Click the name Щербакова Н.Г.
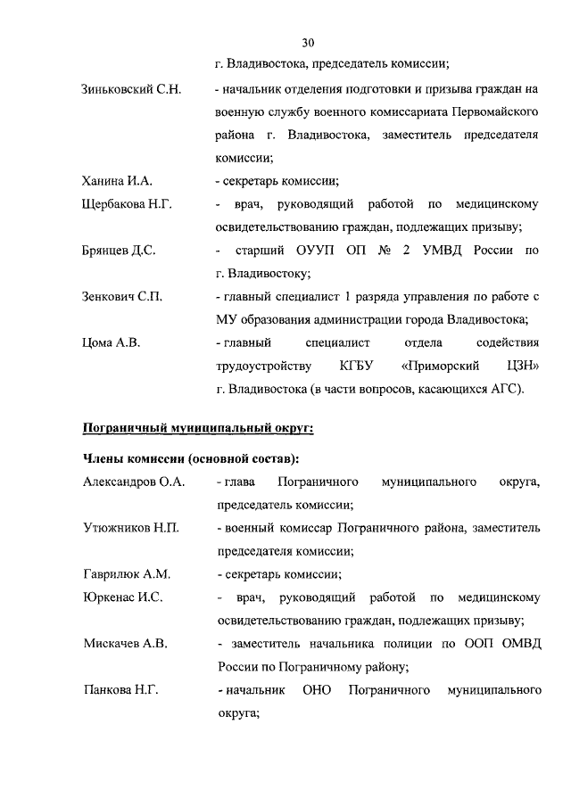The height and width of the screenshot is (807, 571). tap(127, 204)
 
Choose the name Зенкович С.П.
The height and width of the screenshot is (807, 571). tap(121, 296)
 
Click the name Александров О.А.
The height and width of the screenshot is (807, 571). tap(133, 482)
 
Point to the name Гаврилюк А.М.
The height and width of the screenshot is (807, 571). tap(126, 574)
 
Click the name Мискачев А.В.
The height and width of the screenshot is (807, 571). tap(125, 643)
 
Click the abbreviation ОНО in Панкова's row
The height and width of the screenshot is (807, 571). tap(317, 689)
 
